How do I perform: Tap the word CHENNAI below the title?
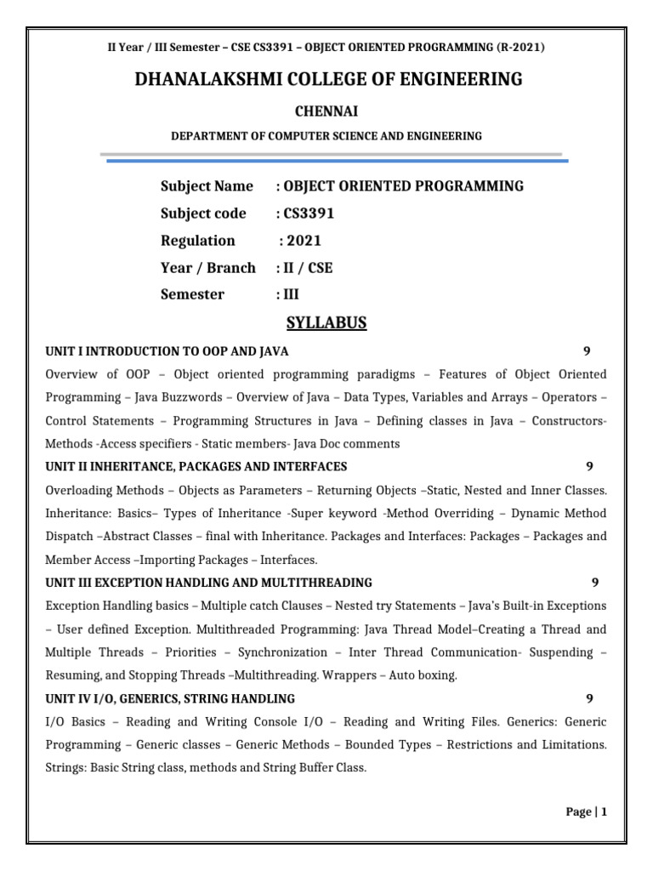(x=326, y=111)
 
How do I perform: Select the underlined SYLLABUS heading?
(x=326, y=322)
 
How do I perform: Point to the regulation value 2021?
(x=304, y=241)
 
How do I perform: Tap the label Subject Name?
(x=207, y=186)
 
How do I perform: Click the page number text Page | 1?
(x=587, y=812)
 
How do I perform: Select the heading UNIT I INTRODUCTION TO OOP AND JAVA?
(x=167, y=351)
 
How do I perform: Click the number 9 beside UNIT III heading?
(x=595, y=583)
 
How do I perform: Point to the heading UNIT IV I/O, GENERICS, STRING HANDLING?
(x=170, y=698)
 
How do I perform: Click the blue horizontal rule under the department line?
(x=335, y=160)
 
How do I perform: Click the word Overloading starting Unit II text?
(x=79, y=490)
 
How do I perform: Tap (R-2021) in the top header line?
(x=514, y=48)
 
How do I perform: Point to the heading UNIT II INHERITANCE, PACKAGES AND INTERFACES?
(x=196, y=467)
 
